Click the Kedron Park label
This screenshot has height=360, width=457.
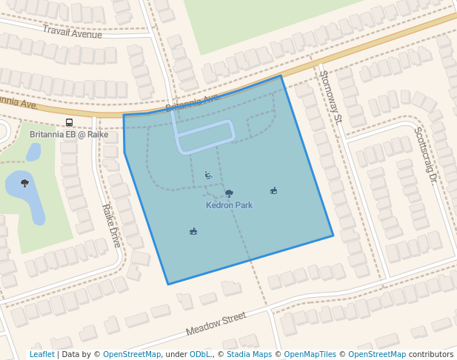pyautogui.click(x=229, y=205)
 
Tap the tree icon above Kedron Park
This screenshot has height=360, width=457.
pyautogui.click(x=229, y=193)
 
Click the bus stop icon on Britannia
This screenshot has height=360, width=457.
pyautogui.click(x=69, y=123)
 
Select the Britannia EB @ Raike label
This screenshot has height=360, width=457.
pyautogui.click(x=69, y=135)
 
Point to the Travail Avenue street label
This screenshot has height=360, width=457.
pyautogui.click(x=72, y=32)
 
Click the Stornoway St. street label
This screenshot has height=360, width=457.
pyautogui.click(x=330, y=96)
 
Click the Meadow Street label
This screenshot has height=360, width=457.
pyautogui.click(x=216, y=322)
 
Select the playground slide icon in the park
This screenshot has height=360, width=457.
pyautogui.click(x=209, y=176)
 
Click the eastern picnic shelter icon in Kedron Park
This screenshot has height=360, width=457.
pyautogui.click(x=274, y=191)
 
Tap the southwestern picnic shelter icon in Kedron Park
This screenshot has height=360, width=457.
pyautogui.click(x=193, y=232)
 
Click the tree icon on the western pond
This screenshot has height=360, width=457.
pyautogui.click(x=25, y=183)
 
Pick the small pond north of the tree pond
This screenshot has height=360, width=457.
pyautogui.click(x=33, y=153)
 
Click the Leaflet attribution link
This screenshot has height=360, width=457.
pyautogui.click(x=41, y=355)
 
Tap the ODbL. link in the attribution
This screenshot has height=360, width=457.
pyautogui.click(x=201, y=355)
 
